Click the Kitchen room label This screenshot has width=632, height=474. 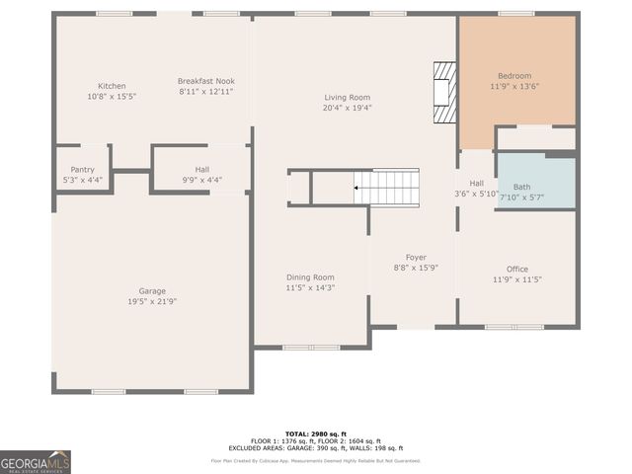coord(111,86)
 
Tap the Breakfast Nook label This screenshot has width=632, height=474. coord(205,81)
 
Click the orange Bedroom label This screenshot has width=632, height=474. coord(514,76)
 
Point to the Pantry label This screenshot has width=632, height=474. coord(82,170)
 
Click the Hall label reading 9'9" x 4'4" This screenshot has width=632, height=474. coord(201,180)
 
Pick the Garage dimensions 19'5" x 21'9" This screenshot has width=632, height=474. coord(151,301)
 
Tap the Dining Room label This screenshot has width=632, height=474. coord(310,277)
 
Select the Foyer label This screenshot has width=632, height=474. coord(414,257)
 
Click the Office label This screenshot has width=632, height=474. coord(516,269)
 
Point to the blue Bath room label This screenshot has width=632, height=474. coord(521,187)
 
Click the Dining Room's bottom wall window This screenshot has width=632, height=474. coord(311,347)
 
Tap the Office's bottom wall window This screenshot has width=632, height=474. coord(513,327)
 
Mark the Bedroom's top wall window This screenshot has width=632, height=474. coord(515,14)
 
